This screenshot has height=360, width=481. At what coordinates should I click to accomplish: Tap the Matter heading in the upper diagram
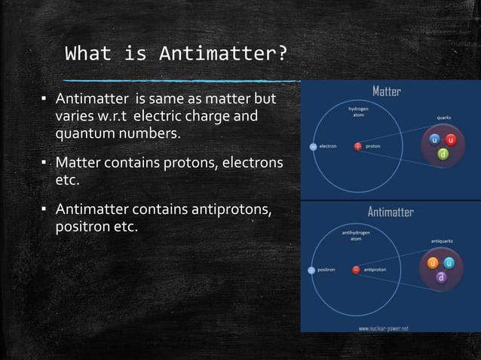click(386, 91)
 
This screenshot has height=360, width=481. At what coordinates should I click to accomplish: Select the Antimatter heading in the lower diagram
click(390, 212)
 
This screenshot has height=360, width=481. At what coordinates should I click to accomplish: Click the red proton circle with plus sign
click(357, 146)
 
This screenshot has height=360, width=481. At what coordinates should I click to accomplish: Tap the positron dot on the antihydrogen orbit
click(311, 269)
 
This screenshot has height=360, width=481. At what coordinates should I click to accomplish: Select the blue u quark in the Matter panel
click(434, 140)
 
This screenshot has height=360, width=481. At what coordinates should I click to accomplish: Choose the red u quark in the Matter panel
click(449, 141)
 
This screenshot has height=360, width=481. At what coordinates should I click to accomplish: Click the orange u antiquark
click(433, 263)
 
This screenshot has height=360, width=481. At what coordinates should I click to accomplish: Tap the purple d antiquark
click(441, 277)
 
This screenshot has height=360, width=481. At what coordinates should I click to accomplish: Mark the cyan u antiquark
click(449, 263)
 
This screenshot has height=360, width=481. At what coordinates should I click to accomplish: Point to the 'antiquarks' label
click(442, 241)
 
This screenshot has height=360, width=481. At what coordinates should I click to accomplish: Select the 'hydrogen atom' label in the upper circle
click(358, 112)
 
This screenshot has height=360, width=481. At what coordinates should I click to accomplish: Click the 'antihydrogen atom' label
click(356, 235)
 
